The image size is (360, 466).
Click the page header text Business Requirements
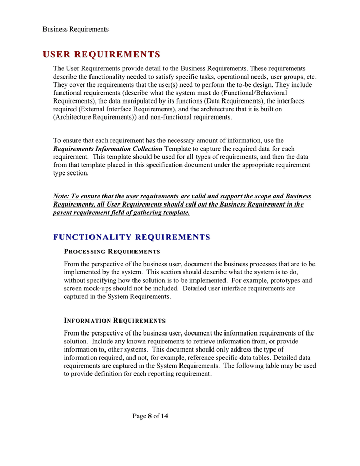point(76,29)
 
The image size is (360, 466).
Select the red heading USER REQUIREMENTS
point(101,54)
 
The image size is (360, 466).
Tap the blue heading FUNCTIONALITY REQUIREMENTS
point(132,237)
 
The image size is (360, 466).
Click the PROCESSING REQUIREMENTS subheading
point(112,252)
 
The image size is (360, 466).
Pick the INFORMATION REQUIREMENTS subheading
point(114,321)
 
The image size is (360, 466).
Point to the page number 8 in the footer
point(150,416)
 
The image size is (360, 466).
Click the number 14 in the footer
point(164,416)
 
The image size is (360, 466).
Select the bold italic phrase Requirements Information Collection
point(108,149)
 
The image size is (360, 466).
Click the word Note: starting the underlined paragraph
point(62,196)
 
